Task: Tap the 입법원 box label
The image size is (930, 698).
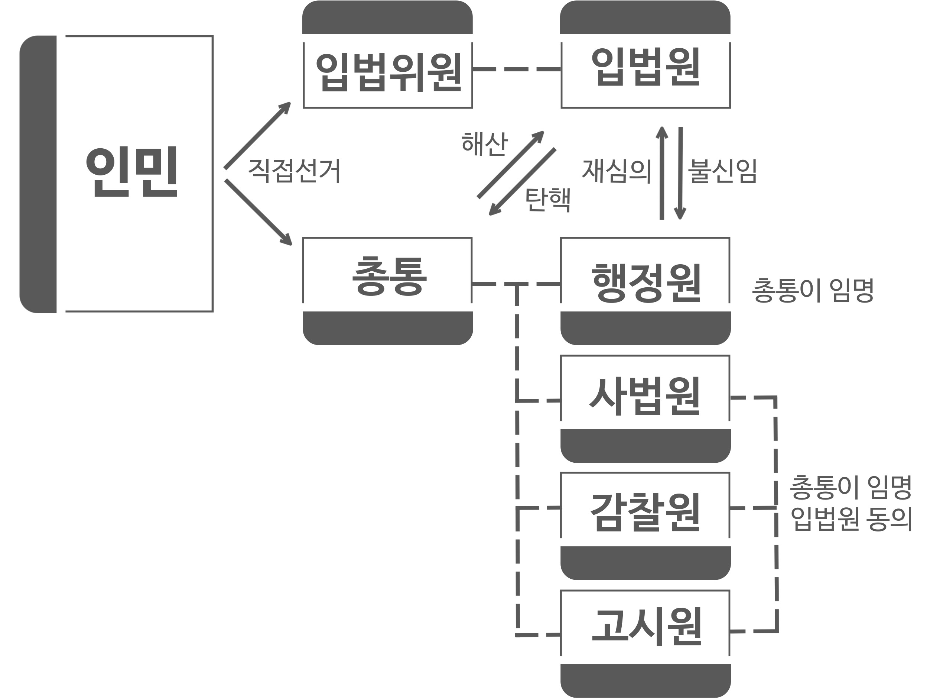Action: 646,67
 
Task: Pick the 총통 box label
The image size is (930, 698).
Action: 389,277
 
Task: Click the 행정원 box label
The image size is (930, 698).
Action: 646,283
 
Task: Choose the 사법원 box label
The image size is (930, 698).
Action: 645,396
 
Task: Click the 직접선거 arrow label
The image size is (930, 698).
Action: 294,170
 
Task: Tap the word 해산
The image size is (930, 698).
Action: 484,143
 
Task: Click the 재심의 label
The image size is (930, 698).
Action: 617,171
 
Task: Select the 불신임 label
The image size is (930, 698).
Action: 722,171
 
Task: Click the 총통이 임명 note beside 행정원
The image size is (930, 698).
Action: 813,290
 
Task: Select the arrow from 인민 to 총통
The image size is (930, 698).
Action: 258,212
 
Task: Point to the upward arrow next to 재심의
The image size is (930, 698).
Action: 662,172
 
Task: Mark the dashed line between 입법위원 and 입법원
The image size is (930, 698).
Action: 517,69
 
